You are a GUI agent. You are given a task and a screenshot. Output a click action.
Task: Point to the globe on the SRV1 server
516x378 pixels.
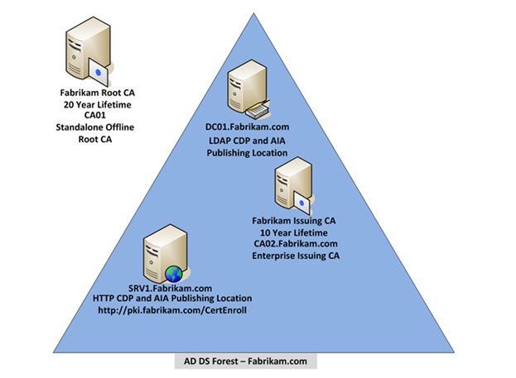[x=172, y=274]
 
